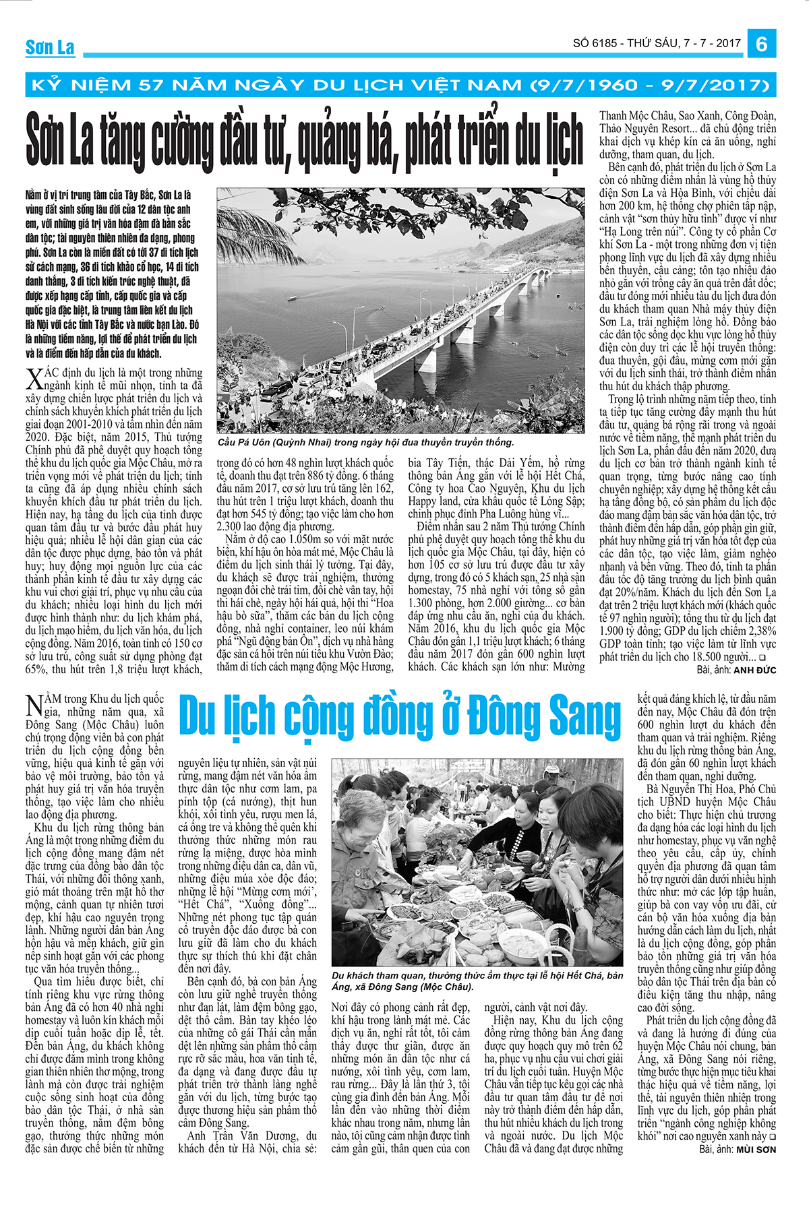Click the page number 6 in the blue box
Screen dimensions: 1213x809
point(762,44)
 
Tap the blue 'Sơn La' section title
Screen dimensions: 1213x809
point(50,47)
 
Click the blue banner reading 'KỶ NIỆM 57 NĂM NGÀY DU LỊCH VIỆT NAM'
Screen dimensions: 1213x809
point(400,85)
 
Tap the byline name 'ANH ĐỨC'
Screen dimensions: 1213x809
point(754,670)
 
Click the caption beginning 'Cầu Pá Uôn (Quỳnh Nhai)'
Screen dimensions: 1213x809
point(365,442)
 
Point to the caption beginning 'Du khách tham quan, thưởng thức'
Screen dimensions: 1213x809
point(477,981)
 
